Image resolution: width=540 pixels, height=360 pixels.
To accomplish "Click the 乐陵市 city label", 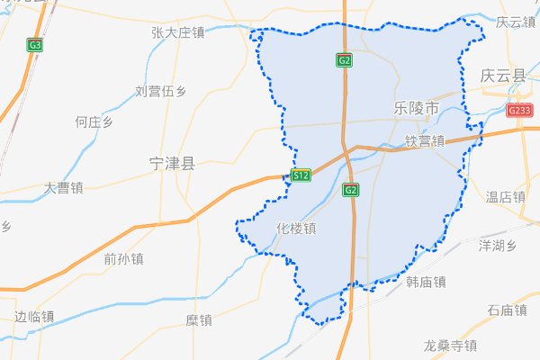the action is [x=416, y=108].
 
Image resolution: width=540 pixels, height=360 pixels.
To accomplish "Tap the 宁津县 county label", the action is [x=171, y=164].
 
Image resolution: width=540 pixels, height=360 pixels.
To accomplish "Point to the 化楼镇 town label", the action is [x=297, y=228].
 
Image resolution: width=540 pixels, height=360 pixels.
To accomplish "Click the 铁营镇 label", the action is [x=425, y=141].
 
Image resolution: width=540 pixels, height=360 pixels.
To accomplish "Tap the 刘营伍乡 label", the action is [x=160, y=91].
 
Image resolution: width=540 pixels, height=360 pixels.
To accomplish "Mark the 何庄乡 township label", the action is [x=94, y=121].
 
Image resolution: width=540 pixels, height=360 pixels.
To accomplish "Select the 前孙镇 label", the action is [x=123, y=259].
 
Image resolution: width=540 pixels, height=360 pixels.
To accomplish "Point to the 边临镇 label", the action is [x=35, y=316].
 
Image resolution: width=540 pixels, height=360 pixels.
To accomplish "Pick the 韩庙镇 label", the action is [x=426, y=283].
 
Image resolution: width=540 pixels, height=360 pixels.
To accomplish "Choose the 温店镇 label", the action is [x=505, y=196].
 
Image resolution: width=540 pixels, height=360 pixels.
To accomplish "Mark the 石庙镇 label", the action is [x=506, y=310].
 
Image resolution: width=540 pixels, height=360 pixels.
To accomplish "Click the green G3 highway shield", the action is [x=36, y=44].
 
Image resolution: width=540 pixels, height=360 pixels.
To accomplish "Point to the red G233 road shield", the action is [x=519, y=111].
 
